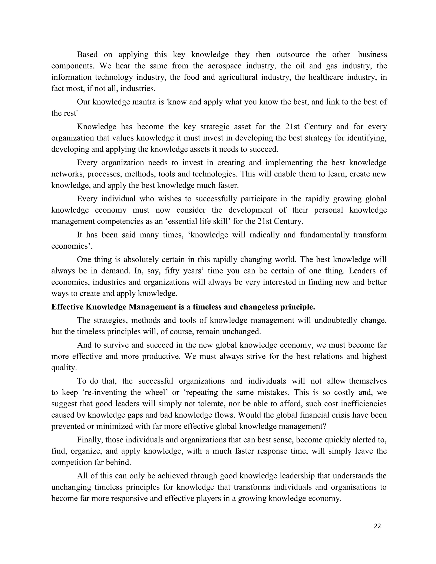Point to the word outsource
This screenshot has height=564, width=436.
point(293,54)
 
